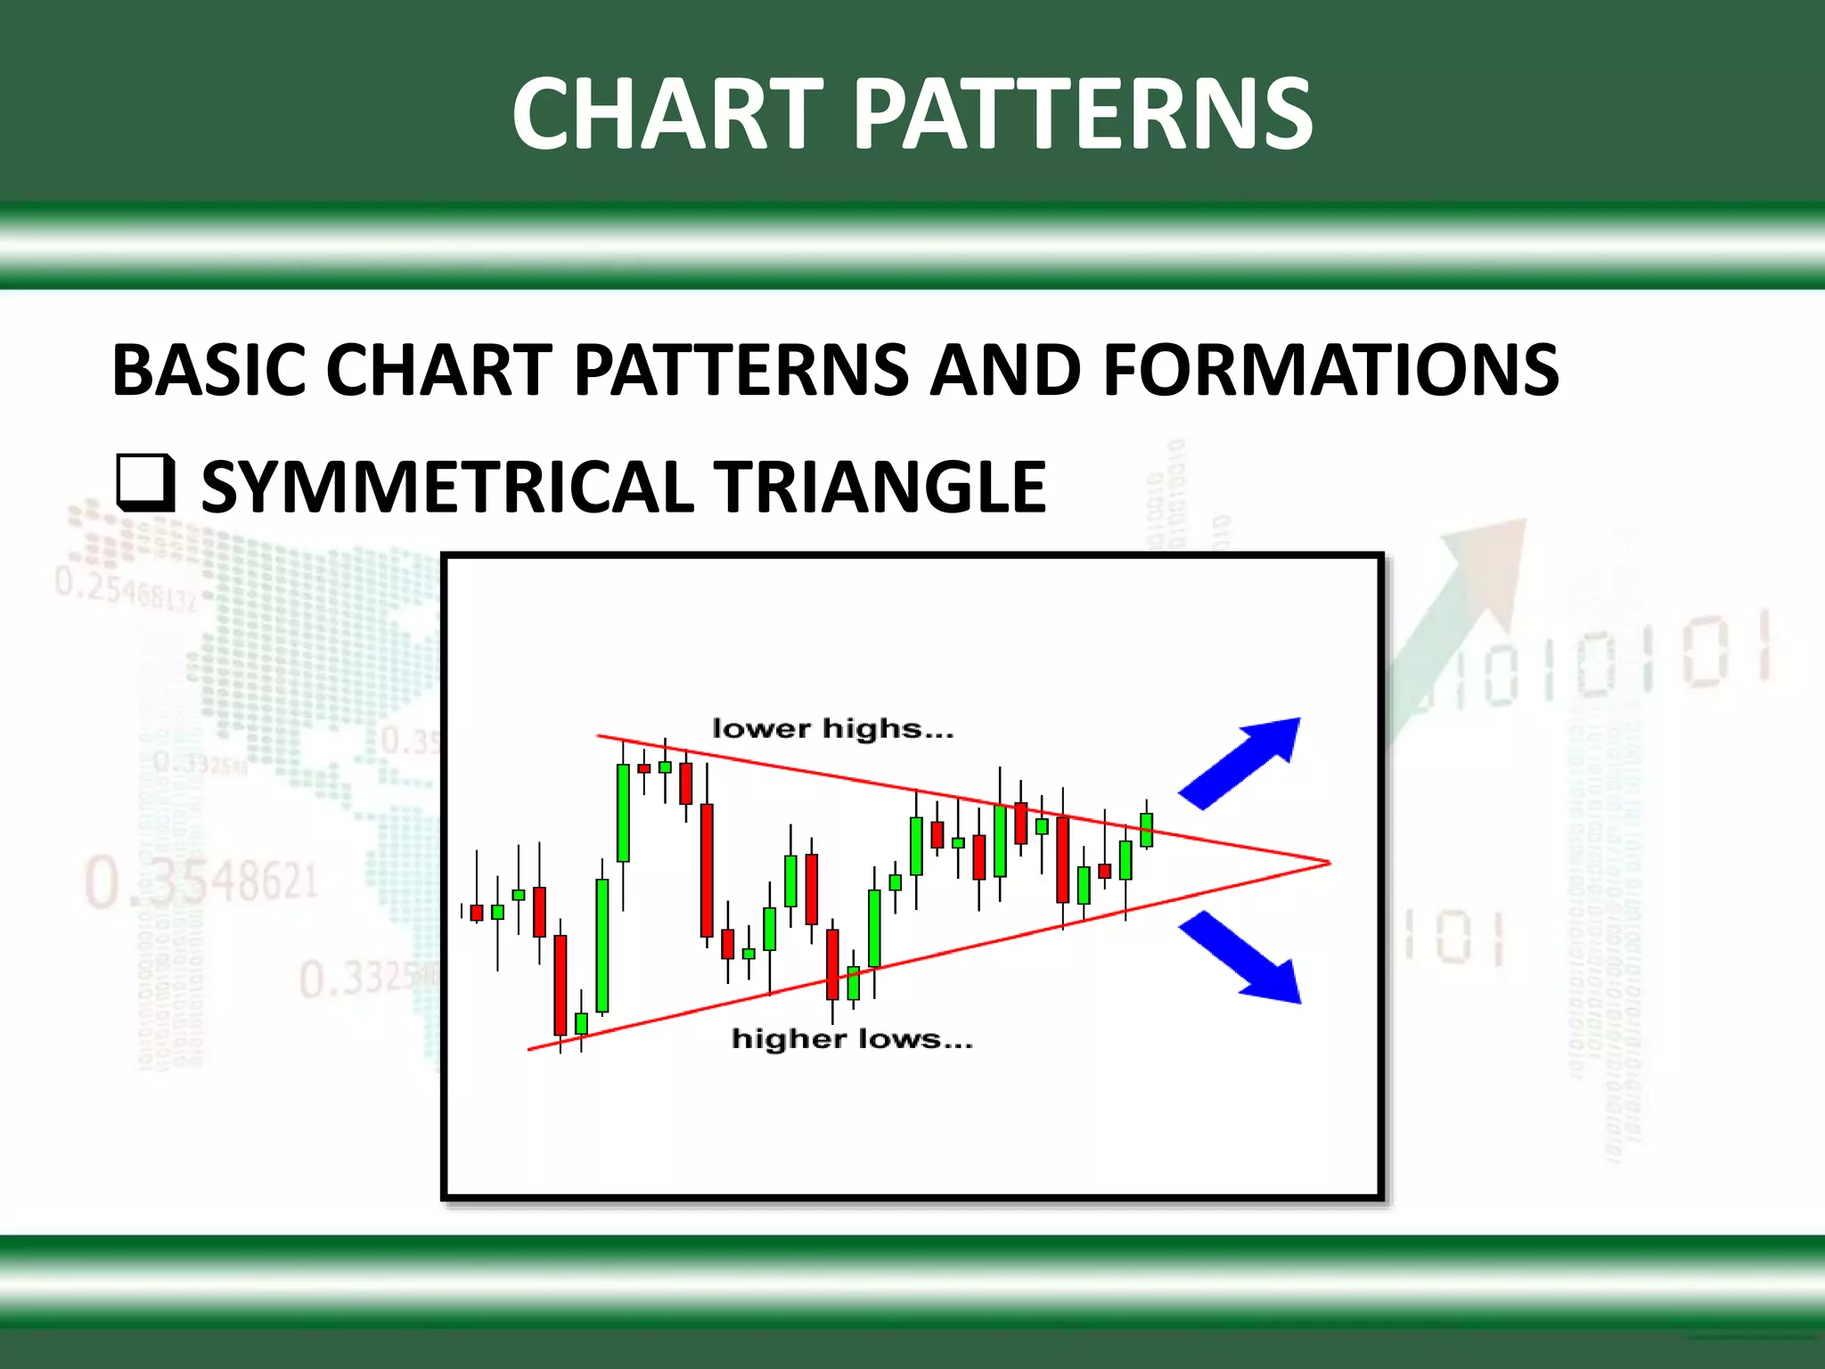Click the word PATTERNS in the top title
point(1083,114)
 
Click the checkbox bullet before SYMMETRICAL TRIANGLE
point(144,483)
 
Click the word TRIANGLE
point(882,487)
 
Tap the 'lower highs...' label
point(832,729)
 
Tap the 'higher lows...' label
point(852,1039)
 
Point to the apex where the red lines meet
point(1328,863)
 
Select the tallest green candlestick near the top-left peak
point(623,812)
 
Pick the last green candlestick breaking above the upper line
point(1146,829)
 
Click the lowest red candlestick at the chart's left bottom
point(561,984)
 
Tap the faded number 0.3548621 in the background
point(201,881)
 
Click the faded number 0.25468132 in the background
point(125,589)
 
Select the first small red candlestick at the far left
point(477,912)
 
